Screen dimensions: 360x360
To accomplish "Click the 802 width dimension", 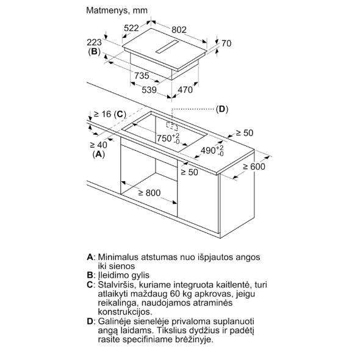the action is pyautogui.click(x=179, y=30).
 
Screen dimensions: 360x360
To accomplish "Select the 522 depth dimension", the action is pyautogui.click(x=131, y=28).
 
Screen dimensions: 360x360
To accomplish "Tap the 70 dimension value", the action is pyautogui.click(x=226, y=43).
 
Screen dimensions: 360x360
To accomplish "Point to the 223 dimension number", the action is pyautogui.click(x=94, y=43).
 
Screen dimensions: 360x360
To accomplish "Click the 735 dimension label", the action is pyautogui.click(x=142, y=76).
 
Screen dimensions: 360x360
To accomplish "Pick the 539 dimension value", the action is pyautogui.click(x=149, y=90).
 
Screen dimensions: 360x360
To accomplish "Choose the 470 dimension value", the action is pyautogui.click(x=185, y=90).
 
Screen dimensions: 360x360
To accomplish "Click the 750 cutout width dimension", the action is pyautogui.click(x=168, y=139).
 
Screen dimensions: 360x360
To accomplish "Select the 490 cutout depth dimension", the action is pyautogui.click(x=212, y=151).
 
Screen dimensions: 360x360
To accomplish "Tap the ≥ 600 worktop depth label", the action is pyautogui.click(x=254, y=167).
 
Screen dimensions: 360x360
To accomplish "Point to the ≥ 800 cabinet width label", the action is pyautogui.click(x=149, y=193).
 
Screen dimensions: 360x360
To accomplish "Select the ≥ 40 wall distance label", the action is pyautogui.click(x=99, y=145).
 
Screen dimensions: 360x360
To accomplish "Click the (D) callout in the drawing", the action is pyautogui.click(x=222, y=109).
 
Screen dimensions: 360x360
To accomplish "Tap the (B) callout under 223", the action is pyautogui.click(x=95, y=52).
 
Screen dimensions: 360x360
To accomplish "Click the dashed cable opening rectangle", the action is pyautogui.click(x=172, y=126).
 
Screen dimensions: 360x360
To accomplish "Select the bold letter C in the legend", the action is pyautogui.click(x=90, y=285).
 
